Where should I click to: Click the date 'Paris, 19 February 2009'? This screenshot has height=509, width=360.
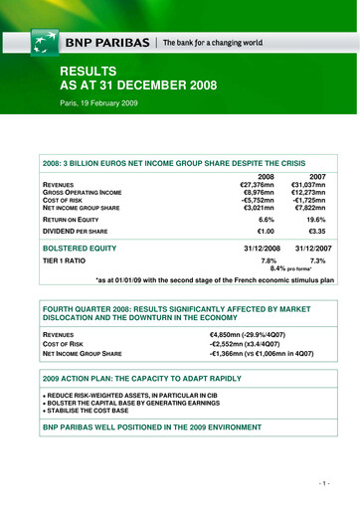click(103, 102)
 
